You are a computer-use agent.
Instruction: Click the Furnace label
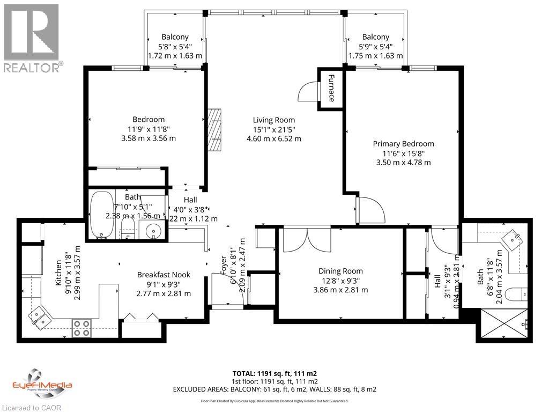[x=331, y=88]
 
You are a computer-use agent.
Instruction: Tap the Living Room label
[x=274, y=120]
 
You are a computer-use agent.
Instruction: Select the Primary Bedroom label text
[x=403, y=144]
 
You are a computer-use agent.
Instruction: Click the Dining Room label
[x=340, y=271]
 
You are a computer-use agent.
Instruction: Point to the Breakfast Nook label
[x=164, y=275]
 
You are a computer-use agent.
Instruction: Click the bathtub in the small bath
[x=100, y=216]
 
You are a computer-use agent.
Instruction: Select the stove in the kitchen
[x=81, y=327]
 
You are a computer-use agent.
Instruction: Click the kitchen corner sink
[x=39, y=316]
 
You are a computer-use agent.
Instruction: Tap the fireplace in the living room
[x=214, y=130]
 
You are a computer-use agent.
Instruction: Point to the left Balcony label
[x=175, y=37]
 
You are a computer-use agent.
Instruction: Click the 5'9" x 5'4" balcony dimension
[x=375, y=46]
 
